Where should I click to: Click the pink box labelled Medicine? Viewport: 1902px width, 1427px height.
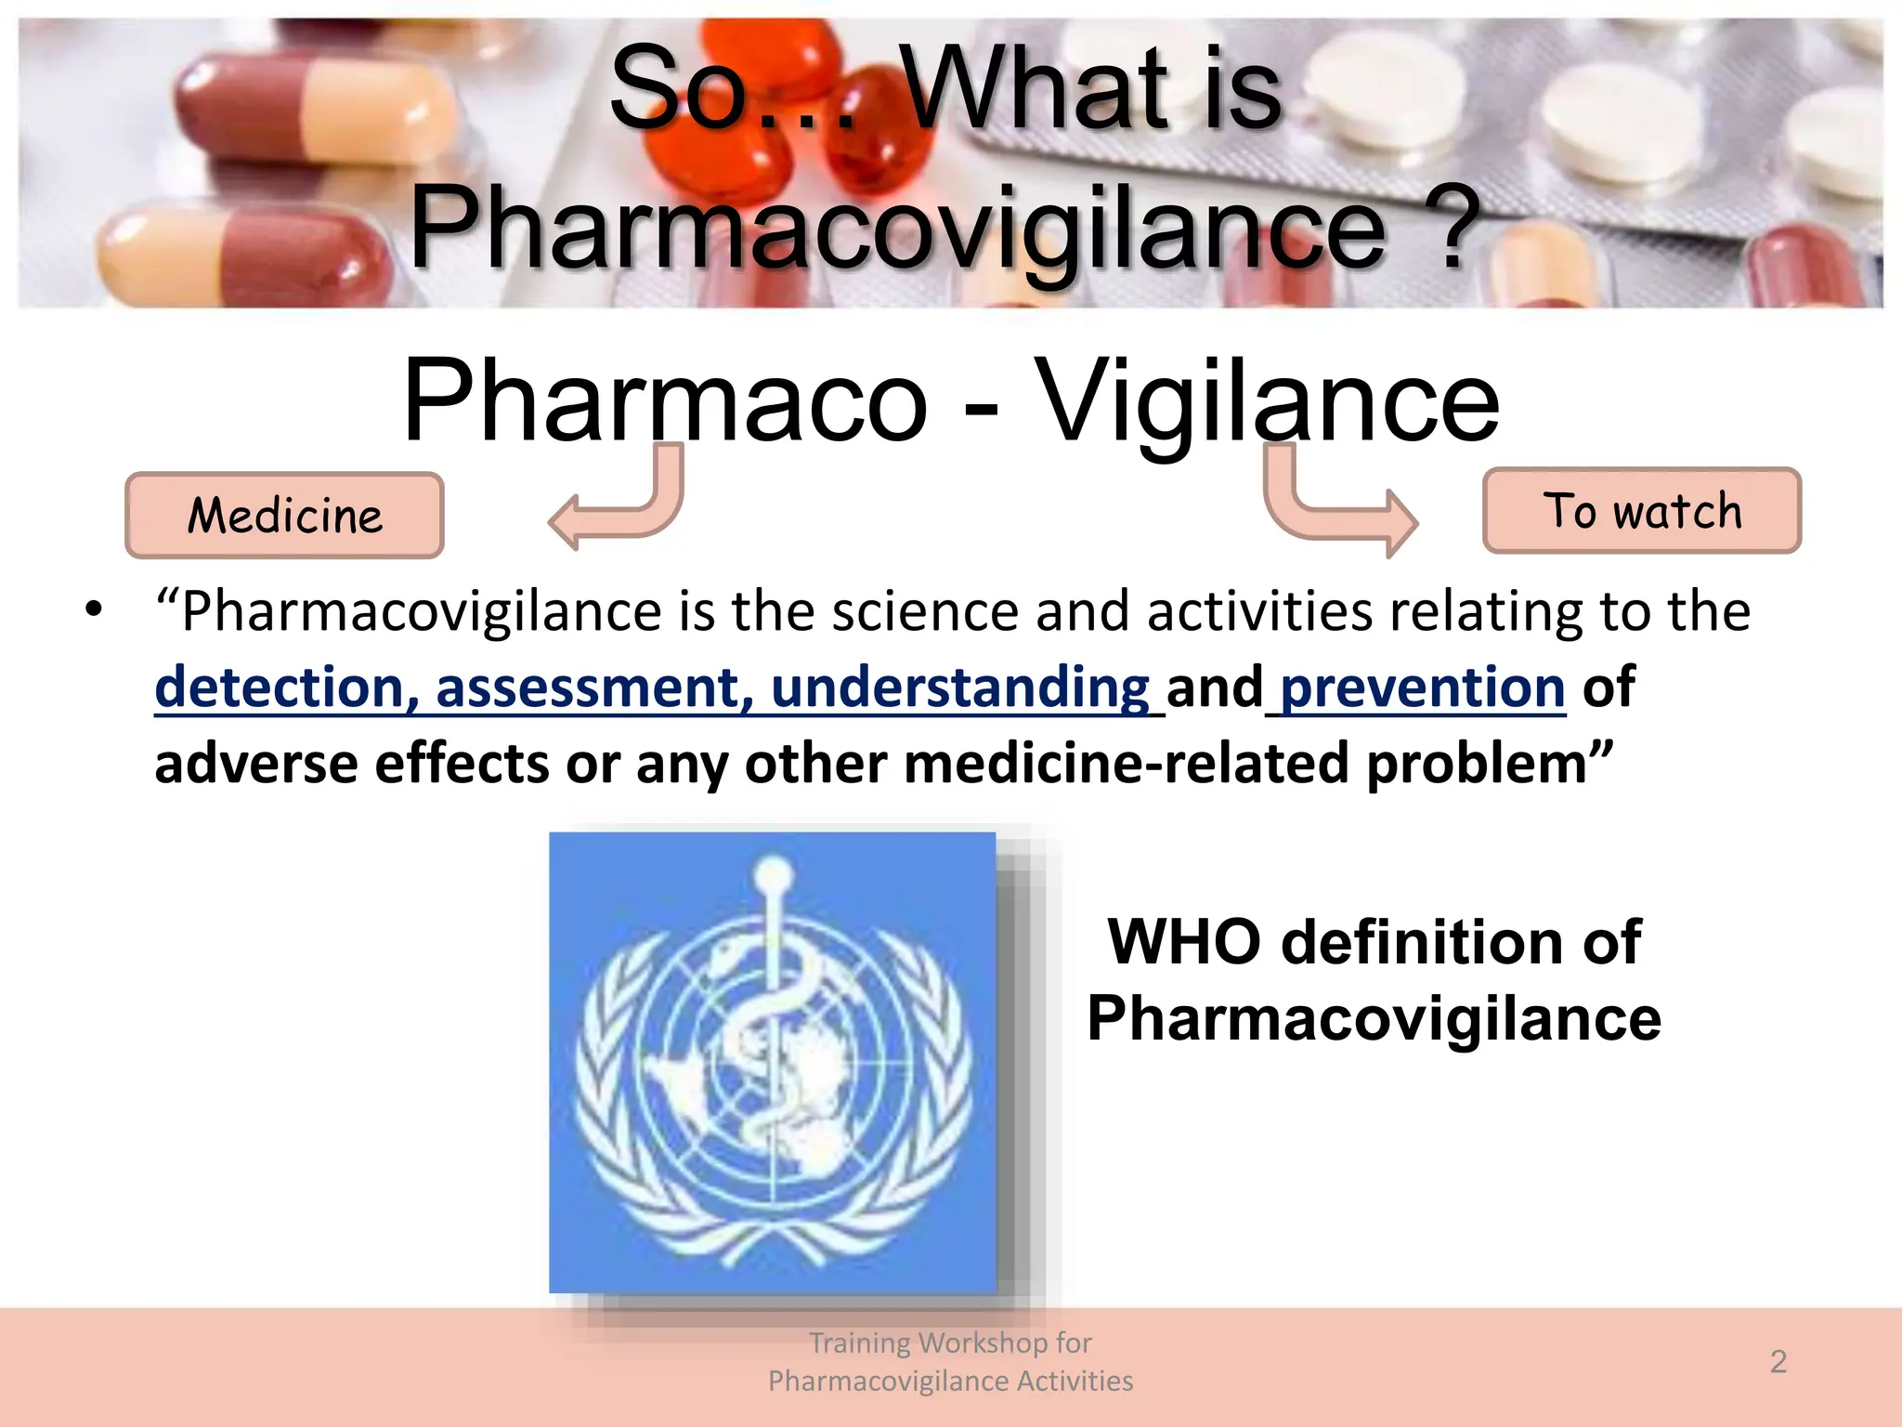284,516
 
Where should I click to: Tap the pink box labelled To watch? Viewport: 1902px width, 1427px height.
1641,511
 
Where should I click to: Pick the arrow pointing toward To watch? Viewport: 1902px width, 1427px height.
1337,506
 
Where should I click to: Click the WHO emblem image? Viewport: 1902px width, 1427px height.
773,1062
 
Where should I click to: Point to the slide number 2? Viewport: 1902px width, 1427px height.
1778,1362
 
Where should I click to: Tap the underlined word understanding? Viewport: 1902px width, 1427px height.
960,687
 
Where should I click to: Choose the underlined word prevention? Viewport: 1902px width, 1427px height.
1422,687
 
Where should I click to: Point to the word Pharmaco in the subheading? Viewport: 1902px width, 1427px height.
665,401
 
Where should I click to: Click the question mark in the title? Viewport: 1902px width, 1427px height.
1459,228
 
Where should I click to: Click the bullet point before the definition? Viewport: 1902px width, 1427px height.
93,610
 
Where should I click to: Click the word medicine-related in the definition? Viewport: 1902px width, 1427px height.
1126,764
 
